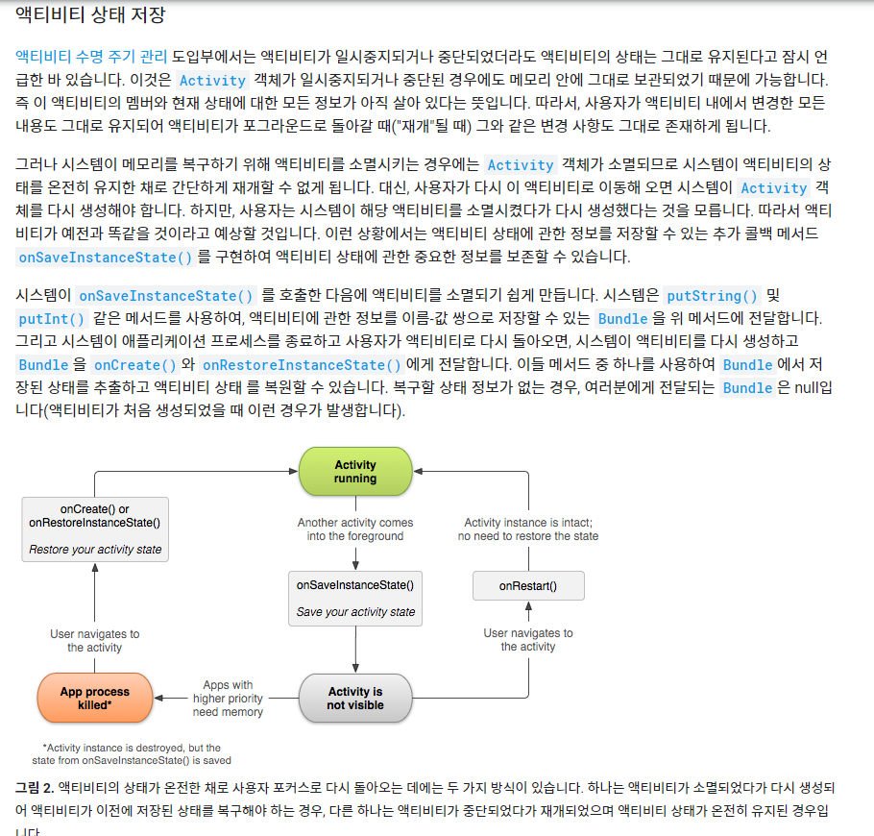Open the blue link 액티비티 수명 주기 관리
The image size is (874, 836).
coord(91,56)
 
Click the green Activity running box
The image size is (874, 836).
coord(355,472)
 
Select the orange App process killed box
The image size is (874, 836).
coord(94,699)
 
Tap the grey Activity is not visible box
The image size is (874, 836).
coord(355,699)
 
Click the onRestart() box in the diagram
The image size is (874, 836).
coord(528,585)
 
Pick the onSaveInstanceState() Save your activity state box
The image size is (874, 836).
coord(355,597)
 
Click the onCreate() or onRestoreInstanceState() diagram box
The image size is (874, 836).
coord(95,529)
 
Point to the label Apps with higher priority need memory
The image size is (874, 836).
coord(228,699)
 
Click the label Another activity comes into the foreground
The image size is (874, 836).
coord(355,529)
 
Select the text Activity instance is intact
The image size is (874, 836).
coord(528,523)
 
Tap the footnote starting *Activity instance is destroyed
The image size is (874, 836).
coord(131,753)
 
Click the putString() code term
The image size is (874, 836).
coord(712,295)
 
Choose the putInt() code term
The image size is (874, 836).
coord(51,318)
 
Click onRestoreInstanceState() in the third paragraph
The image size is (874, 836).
coord(302,364)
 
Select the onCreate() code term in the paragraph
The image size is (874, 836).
coord(135,364)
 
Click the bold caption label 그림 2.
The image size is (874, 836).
coord(34,787)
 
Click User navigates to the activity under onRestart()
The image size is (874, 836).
coord(528,640)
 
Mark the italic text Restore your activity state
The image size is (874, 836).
coord(95,551)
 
